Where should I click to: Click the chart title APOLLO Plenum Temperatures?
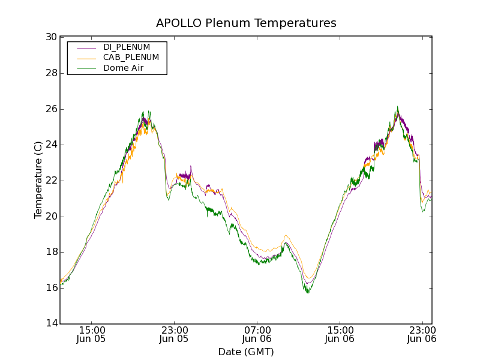[x=246, y=23]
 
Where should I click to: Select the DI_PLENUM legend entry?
[x=127, y=47]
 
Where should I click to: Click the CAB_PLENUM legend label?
[x=131, y=58]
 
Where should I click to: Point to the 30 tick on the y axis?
[x=51, y=37]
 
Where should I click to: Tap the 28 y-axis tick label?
[x=51, y=73]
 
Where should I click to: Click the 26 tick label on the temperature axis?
[x=51, y=109]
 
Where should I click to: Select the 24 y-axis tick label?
[x=51, y=145]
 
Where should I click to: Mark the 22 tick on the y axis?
[x=51, y=181]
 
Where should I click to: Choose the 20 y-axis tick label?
[x=51, y=217]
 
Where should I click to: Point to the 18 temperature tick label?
[x=51, y=252]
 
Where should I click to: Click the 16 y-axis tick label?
[x=51, y=288]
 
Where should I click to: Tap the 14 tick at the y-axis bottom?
[x=51, y=324]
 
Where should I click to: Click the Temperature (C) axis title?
[x=38, y=180]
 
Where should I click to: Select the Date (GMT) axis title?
[x=246, y=352]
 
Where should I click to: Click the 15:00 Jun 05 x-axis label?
[x=92, y=334]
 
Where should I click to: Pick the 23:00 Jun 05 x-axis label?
[x=175, y=334]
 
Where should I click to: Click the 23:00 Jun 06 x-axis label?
[x=422, y=334]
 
